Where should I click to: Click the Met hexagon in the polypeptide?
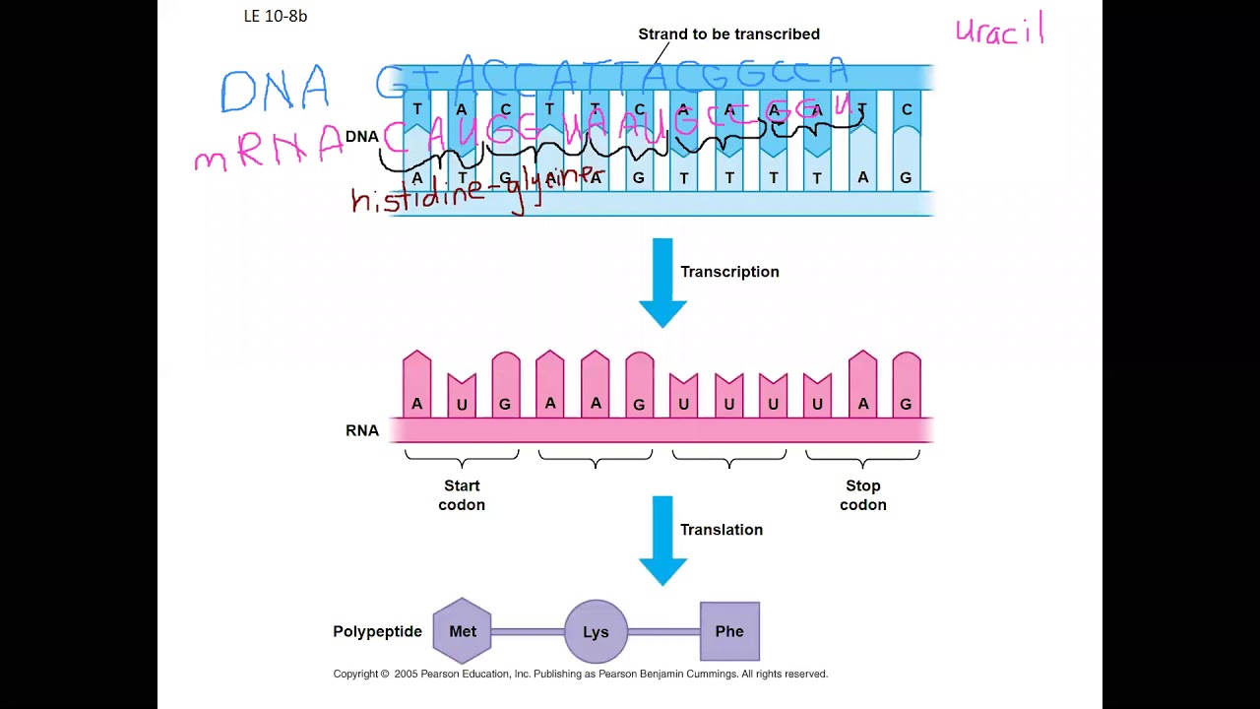pyautogui.click(x=462, y=631)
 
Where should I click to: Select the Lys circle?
pyautogui.click(x=596, y=631)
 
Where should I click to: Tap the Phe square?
pyautogui.click(x=729, y=631)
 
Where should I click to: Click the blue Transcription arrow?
pyautogui.click(x=662, y=282)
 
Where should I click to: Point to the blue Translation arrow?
pyautogui.click(x=662, y=540)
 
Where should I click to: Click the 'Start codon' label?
pyautogui.click(x=462, y=495)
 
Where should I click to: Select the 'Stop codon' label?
pyautogui.click(x=863, y=495)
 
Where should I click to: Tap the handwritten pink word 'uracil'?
pyautogui.click(x=999, y=30)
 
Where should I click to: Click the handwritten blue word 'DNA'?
pyautogui.click(x=275, y=91)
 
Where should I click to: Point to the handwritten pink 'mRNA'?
pyautogui.click(x=268, y=151)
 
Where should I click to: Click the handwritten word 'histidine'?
pyautogui.click(x=417, y=197)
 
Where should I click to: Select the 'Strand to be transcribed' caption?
pyautogui.click(x=728, y=34)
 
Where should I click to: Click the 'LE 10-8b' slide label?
pyautogui.click(x=276, y=16)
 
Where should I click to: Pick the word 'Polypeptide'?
pyautogui.click(x=377, y=632)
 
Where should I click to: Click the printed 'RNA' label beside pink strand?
pyautogui.click(x=362, y=430)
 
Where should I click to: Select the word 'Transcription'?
pyautogui.click(x=729, y=272)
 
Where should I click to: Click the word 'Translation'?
pyautogui.click(x=722, y=530)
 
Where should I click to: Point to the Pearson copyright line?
pyautogui.click(x=580, y=675)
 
